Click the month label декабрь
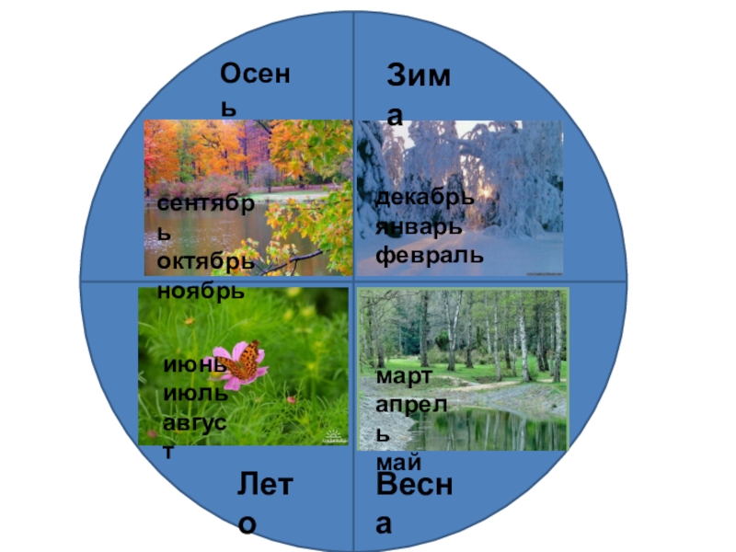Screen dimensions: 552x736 425,198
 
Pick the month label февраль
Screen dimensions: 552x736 429,255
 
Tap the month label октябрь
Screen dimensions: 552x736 205,262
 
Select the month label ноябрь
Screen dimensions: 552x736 201,291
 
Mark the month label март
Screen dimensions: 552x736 403,376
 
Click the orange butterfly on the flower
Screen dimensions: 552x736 245,360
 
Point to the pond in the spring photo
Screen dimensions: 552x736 478,428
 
